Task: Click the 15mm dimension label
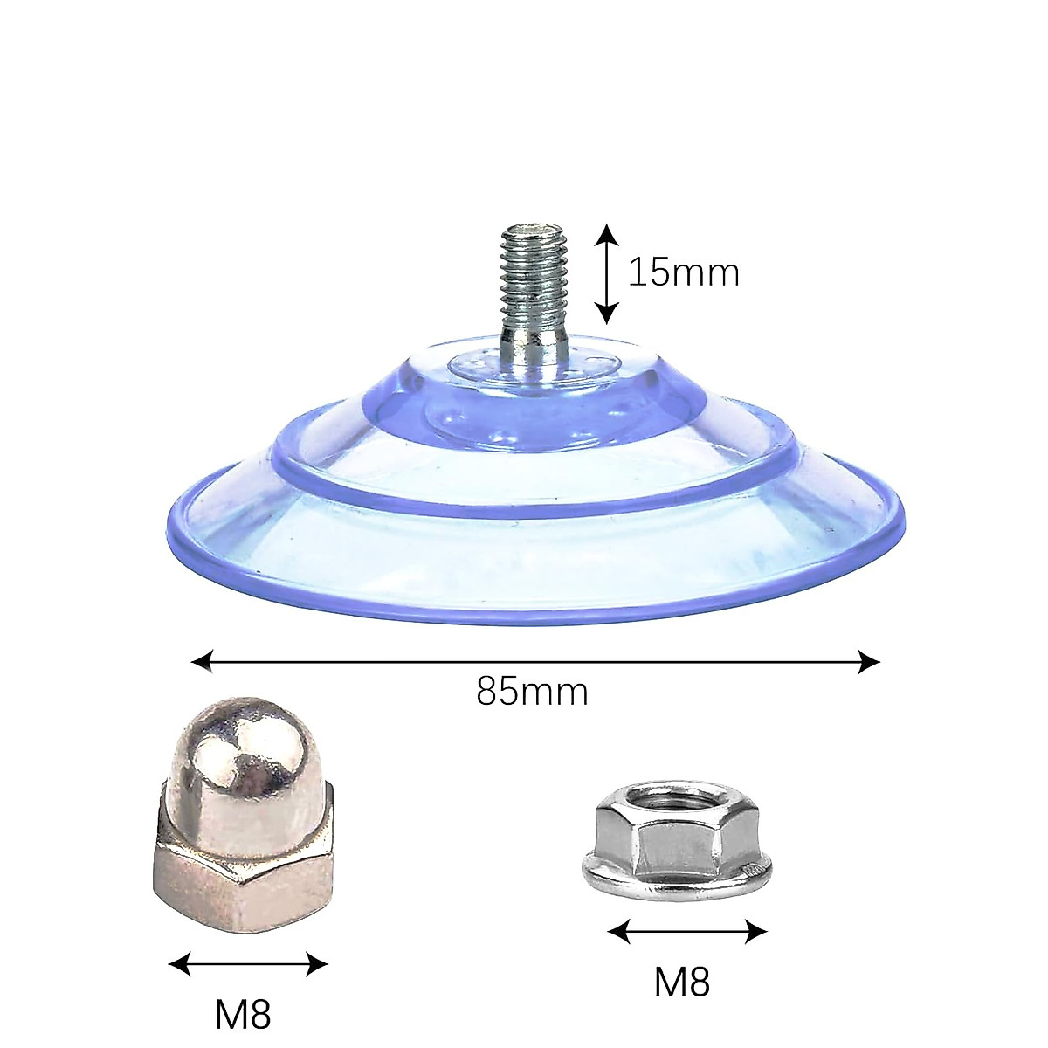coord(684,273)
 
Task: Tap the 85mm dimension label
coord(532,693)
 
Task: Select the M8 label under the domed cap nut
coord(243,1015)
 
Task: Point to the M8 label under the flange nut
coord(682,982)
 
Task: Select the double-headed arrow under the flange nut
coord(687,932)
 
